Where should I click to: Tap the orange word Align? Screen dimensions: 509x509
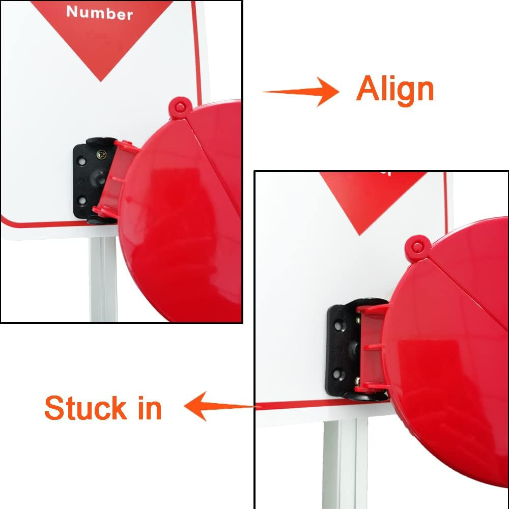pyautogui.click(x=395, y=90)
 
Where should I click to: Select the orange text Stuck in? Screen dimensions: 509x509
pyautogui.click(x=103, y=408)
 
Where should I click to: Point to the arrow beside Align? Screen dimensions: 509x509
pyautogui.click(x=302, y=92)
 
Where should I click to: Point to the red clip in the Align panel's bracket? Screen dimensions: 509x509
pyautogui.click(x=113, y=178)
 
